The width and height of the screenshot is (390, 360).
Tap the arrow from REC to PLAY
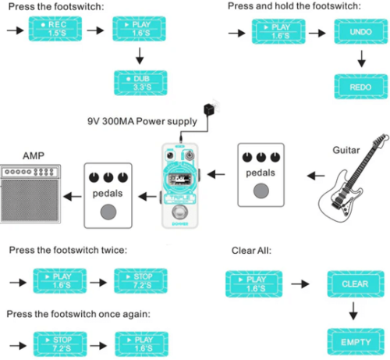[95, 33]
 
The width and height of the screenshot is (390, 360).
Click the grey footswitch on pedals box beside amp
[110, 210]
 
